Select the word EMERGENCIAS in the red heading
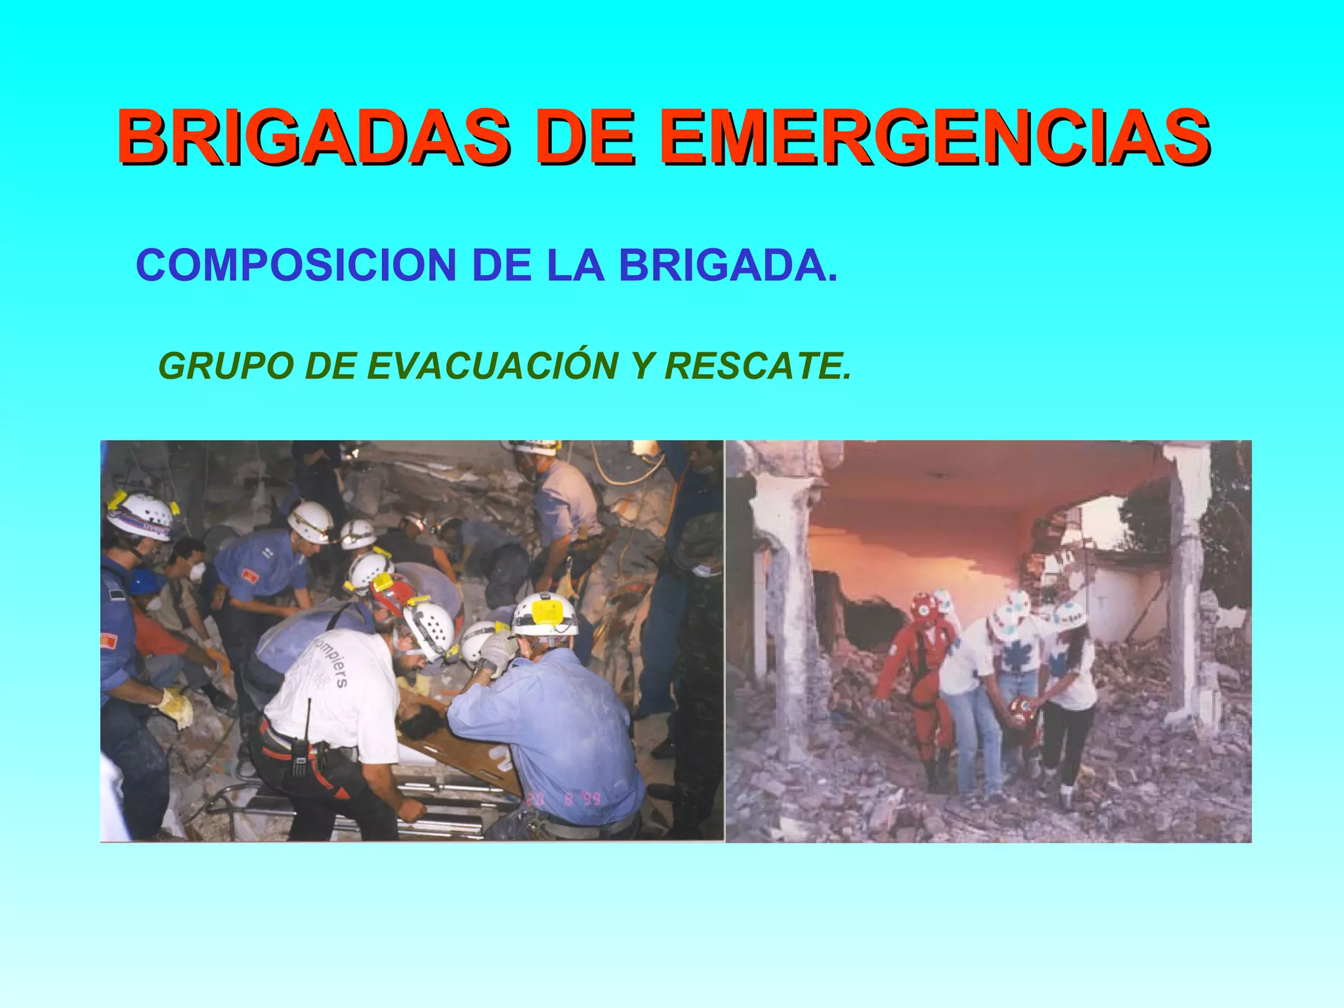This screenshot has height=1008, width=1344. (934, 137)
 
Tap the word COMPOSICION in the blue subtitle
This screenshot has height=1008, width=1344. (296, 265)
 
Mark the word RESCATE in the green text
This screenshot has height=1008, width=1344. (757, 366)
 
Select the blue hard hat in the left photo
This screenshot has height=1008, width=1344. (146, 581)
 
